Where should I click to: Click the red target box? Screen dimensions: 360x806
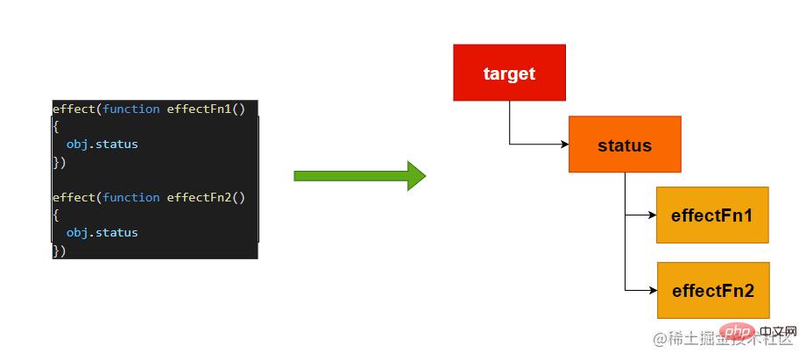509,73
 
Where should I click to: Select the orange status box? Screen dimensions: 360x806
624,145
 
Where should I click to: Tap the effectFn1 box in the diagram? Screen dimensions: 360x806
711,215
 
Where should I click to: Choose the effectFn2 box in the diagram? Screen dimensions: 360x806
712,290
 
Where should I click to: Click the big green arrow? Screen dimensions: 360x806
359,175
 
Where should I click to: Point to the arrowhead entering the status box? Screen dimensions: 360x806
563,144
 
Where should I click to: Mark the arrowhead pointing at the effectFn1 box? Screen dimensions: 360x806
651,215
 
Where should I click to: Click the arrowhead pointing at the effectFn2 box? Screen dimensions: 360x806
651,290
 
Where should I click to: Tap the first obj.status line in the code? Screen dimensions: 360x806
102,144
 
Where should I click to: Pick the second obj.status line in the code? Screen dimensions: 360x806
102,232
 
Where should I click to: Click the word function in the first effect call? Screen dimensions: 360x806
131,109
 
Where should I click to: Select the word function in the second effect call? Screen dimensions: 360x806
131,197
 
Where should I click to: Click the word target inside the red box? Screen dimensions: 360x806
509,74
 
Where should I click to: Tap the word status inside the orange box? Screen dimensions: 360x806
624,145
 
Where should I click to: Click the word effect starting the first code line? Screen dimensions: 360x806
74,109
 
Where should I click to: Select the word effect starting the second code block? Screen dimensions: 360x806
74,197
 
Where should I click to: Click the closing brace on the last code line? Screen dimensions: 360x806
56,251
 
